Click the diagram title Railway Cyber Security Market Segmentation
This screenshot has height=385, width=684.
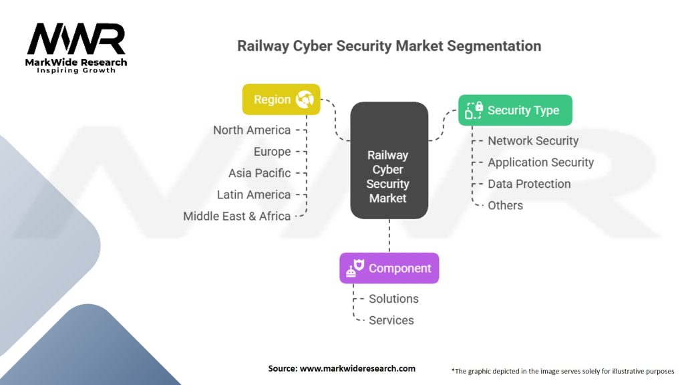(x=389, y=46)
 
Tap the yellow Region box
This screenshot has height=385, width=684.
(x=281, y=100)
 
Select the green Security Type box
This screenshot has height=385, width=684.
(x=515, y=110)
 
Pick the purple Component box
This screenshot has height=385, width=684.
(x=389, y=268)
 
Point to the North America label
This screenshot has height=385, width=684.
(x=252, y=130)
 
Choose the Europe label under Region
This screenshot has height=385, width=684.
(x=272, y=152)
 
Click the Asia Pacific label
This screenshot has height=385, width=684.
(x=259, y=173)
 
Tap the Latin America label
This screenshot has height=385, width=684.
(x=253, y=195)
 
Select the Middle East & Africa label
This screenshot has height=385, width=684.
(x=236, y=216)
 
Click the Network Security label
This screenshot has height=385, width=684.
(x=533, y=140)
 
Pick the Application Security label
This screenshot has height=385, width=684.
(x=540, y=162)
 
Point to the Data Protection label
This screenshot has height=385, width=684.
(x=529, y=184)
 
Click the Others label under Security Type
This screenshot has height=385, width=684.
(x=505, y=205)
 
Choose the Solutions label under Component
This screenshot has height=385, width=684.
(x=393, y=299)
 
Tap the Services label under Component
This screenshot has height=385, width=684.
(x=391, y=320)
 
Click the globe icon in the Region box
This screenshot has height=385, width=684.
(x=305, y=100)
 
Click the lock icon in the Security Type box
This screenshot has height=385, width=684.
(x=474, y=110)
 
